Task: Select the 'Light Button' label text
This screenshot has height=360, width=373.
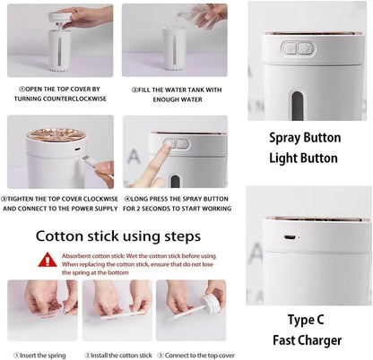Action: click(x=303, y=159)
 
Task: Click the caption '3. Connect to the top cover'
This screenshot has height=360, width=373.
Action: click(x=191, y=355)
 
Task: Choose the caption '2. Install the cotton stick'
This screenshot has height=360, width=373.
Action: click(x=117, y=355)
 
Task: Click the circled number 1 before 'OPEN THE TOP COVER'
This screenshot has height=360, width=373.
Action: click(x=21, y=89)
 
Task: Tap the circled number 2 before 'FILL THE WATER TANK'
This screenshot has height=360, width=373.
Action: click(x=134, y=89)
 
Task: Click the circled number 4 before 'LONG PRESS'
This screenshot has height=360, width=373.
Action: click(x=127, y=197)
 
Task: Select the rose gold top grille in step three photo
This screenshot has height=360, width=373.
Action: click(x=55, y=135)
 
